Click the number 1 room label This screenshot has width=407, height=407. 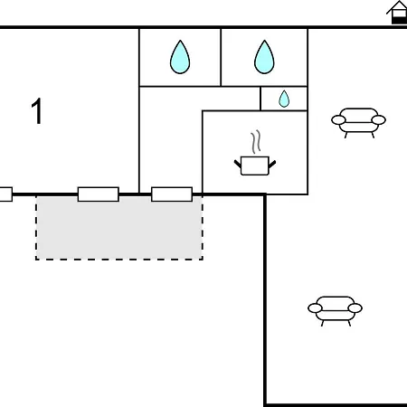pyautogui.click(x=36, y=110)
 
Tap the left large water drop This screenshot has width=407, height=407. pyautogui.click(x=180, y=57)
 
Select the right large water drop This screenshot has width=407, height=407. pyautogui.click(x=264, y=57)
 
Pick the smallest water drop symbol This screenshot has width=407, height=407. pyautogui.click(x=284, y=99)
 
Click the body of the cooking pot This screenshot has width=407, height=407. pyautogui.click(x=255, y=166)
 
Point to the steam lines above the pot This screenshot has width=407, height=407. pyautogui.click(x=256, y=142)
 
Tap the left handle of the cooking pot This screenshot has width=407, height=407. pyautogui.click(x=238, y=164)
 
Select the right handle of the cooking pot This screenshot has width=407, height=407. pyautogui.click(x=272, y=164)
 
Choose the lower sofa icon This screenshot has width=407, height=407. pyautogui.click(x=335, y=311)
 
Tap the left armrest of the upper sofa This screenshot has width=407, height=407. pyautogui.click(x=338, y=120)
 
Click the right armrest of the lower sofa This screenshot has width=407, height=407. pyautogui.click(x=355, y=308)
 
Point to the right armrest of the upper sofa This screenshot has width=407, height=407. pyautogui.click(x=379, y=120)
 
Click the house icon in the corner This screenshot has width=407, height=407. pyautogui.click(x=397, y=12)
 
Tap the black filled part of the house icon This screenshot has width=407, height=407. pyautogui.click(x=399, y=20)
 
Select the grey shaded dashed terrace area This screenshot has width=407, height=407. pyautogui.click(x=119, y=228)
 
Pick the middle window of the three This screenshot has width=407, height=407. pyautogui.click(x=99, y=194)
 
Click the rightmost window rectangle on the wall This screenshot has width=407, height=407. pyautogui.click(x=172, y=194)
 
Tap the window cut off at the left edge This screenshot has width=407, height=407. pyautogui.click(x=6, y=194)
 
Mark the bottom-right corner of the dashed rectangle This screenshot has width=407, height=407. pyautogui.click(x=203, y=259)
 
